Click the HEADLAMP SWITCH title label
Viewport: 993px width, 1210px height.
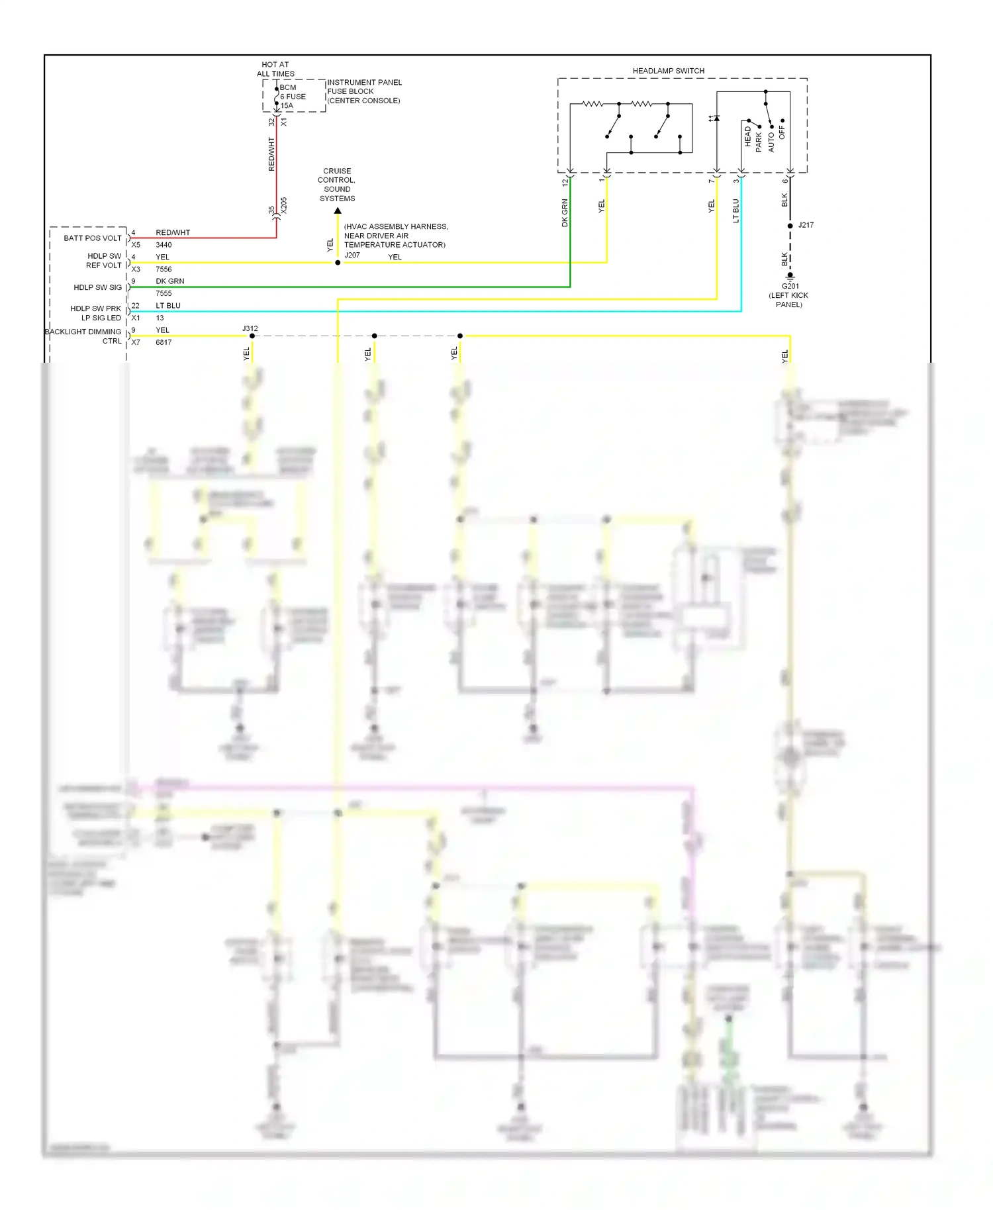click(x=668, y=71)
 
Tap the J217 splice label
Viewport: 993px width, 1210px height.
click(x=806, y=225)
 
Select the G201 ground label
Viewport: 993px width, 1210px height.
click(x=790, y=287)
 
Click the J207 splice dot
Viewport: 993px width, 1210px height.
click(x=338, y=263)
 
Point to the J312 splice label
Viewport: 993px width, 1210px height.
click(x=250, y=328)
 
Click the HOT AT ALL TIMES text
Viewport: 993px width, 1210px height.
click(x=275, y=70)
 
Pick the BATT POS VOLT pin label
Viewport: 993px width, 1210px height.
click(x=93, y=238)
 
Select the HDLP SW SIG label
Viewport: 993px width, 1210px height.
click(x=97, y=287)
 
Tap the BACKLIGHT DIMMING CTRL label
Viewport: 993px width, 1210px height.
click(x=84, y=336)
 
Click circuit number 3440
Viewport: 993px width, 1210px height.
click(x=164, y=245)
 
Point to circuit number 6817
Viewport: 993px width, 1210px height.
click(x=164, y=342)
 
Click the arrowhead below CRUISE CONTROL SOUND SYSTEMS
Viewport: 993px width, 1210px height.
click(x=338, y=210)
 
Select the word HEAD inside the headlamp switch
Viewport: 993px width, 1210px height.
click(x=747, y=136)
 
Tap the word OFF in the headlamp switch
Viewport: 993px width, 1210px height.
click(x=782, y=132)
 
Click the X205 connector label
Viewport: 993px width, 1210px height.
click(x=284, y=205)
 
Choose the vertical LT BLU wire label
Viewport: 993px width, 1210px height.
click(x=735, y=210)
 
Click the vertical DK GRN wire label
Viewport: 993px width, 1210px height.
click(x=565, y=212)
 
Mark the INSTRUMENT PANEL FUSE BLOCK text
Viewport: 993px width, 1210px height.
click(x=363, y=91)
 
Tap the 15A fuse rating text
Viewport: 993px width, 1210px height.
click(x=287, y=106)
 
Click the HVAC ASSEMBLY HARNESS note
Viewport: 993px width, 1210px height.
click(x=395, y=236)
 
